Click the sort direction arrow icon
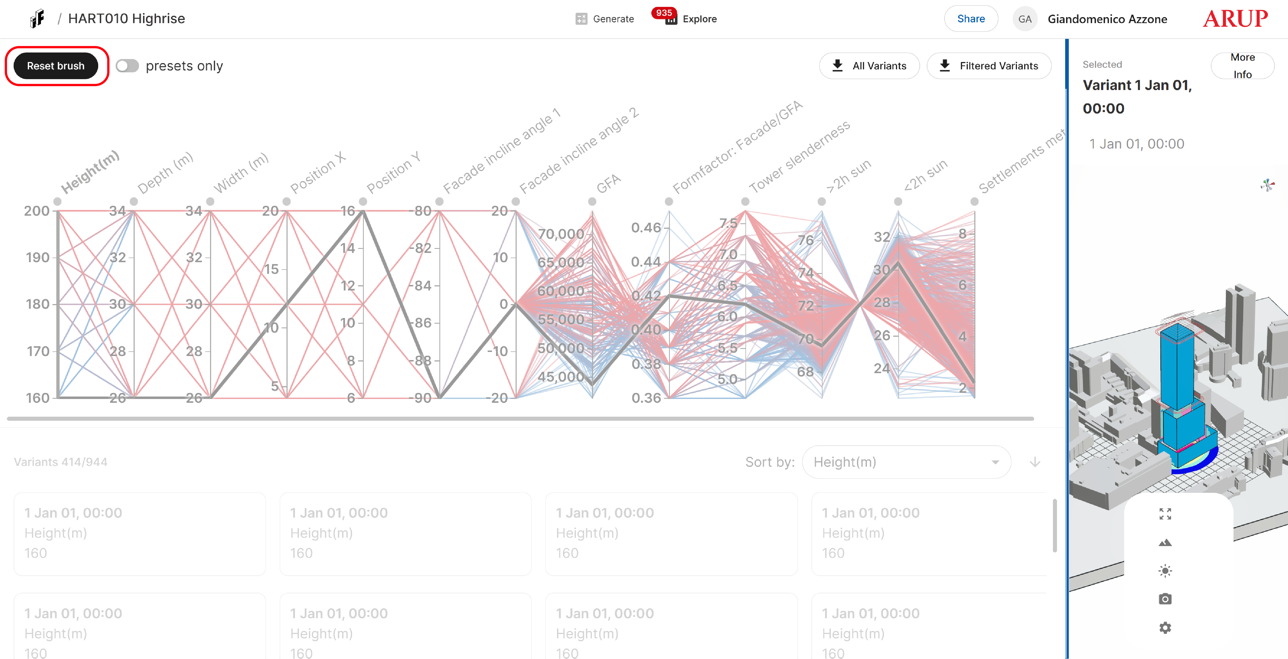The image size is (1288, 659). (x=1034, y=462)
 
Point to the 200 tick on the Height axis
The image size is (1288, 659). (x=37, y=211)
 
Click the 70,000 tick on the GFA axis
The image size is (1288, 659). (x=560, y=234)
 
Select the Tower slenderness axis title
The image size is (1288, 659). (x=799, y=157)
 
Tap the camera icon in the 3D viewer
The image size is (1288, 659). (x=1165, y=599)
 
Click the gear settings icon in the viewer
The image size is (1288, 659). (x=1165, y=627)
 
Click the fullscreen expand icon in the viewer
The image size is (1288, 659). (x=1165, y=514)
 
